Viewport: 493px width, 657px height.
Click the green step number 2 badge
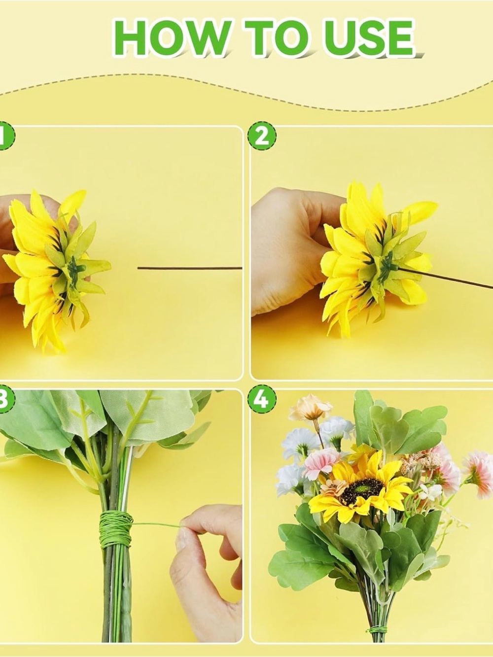pyautogui.click(x=262, y=136)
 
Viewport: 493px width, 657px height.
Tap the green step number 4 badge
pyautogui.click(x=262, y=399)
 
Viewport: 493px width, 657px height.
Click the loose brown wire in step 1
pyautogui.click(x=190, y=268)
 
